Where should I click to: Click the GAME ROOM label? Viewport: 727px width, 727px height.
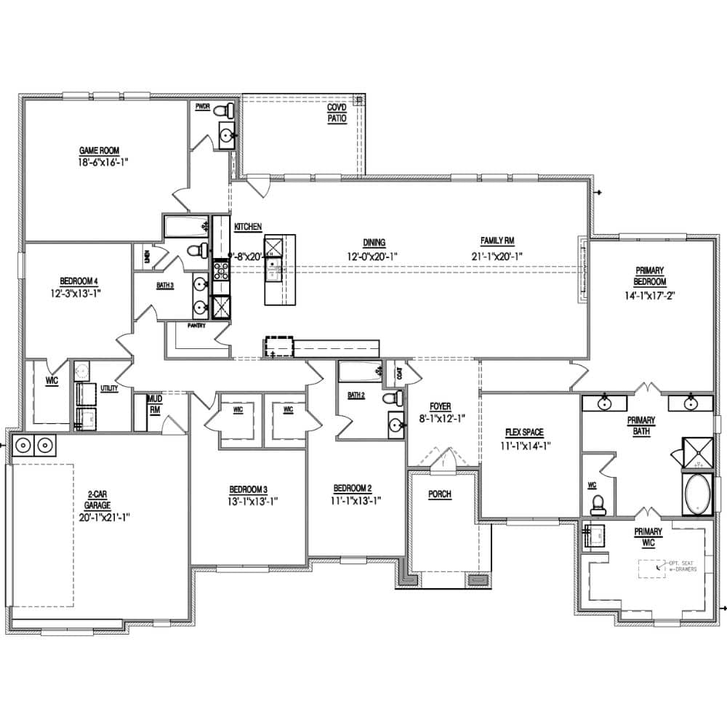(x=99, y=150)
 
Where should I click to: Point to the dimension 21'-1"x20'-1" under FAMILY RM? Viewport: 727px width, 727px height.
(x=497, y=256)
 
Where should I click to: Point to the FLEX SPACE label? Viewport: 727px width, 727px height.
(x=522, y=432)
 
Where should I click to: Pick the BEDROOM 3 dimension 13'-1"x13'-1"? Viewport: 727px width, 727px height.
(x=254, y=500)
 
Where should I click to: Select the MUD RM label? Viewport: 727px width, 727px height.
(x=154, y=404)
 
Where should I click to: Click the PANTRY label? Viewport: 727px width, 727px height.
(x=196, y=326)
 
